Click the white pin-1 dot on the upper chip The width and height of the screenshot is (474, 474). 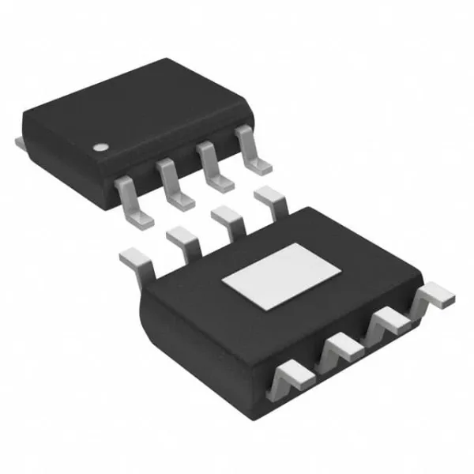[x=101, y=147]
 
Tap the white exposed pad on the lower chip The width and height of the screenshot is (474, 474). [x=281, y=276]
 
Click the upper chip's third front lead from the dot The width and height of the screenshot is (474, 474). [x=216, y=167]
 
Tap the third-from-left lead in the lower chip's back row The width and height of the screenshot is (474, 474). [x=228, y=217]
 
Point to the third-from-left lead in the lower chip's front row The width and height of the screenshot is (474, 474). [x=387, y=320]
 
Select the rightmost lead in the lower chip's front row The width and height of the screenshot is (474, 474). [x=434, y=297]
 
